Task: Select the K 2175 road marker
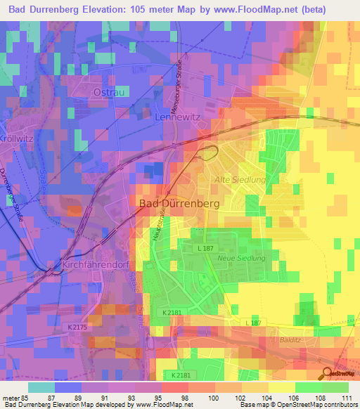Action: coord(79,327)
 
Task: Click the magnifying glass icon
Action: coord(328,373)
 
